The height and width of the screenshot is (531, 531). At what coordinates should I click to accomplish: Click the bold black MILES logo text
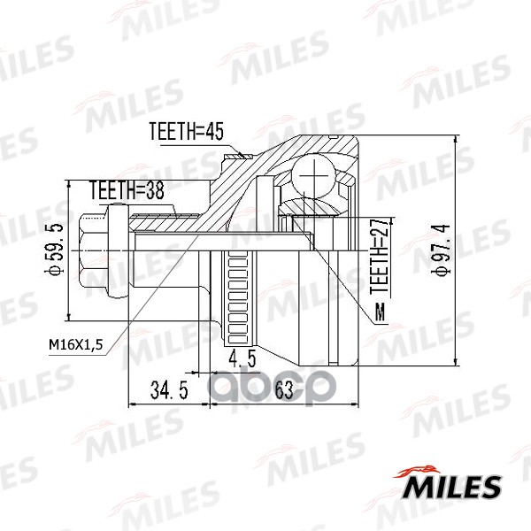click(x=453, y=486)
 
